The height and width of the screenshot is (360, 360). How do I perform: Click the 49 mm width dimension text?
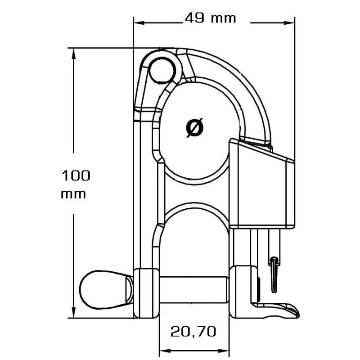(x=210, y=18)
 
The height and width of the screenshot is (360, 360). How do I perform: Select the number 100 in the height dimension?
(x=76, y=175)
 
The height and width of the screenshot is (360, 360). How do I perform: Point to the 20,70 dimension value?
(x=193, y=332)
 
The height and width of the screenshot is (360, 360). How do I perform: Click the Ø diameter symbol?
(x=194, y=127)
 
